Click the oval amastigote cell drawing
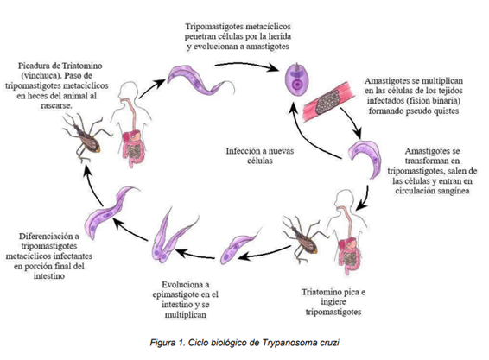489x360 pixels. coord(297,79)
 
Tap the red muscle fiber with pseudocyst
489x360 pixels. coord(328,99)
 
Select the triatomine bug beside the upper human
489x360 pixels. coord(86,137)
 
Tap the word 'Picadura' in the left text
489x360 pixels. coord(38,66)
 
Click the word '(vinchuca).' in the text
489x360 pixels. coord(40,76)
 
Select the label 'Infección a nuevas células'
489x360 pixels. coord(260,156)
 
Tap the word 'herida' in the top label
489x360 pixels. coord(278,36)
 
